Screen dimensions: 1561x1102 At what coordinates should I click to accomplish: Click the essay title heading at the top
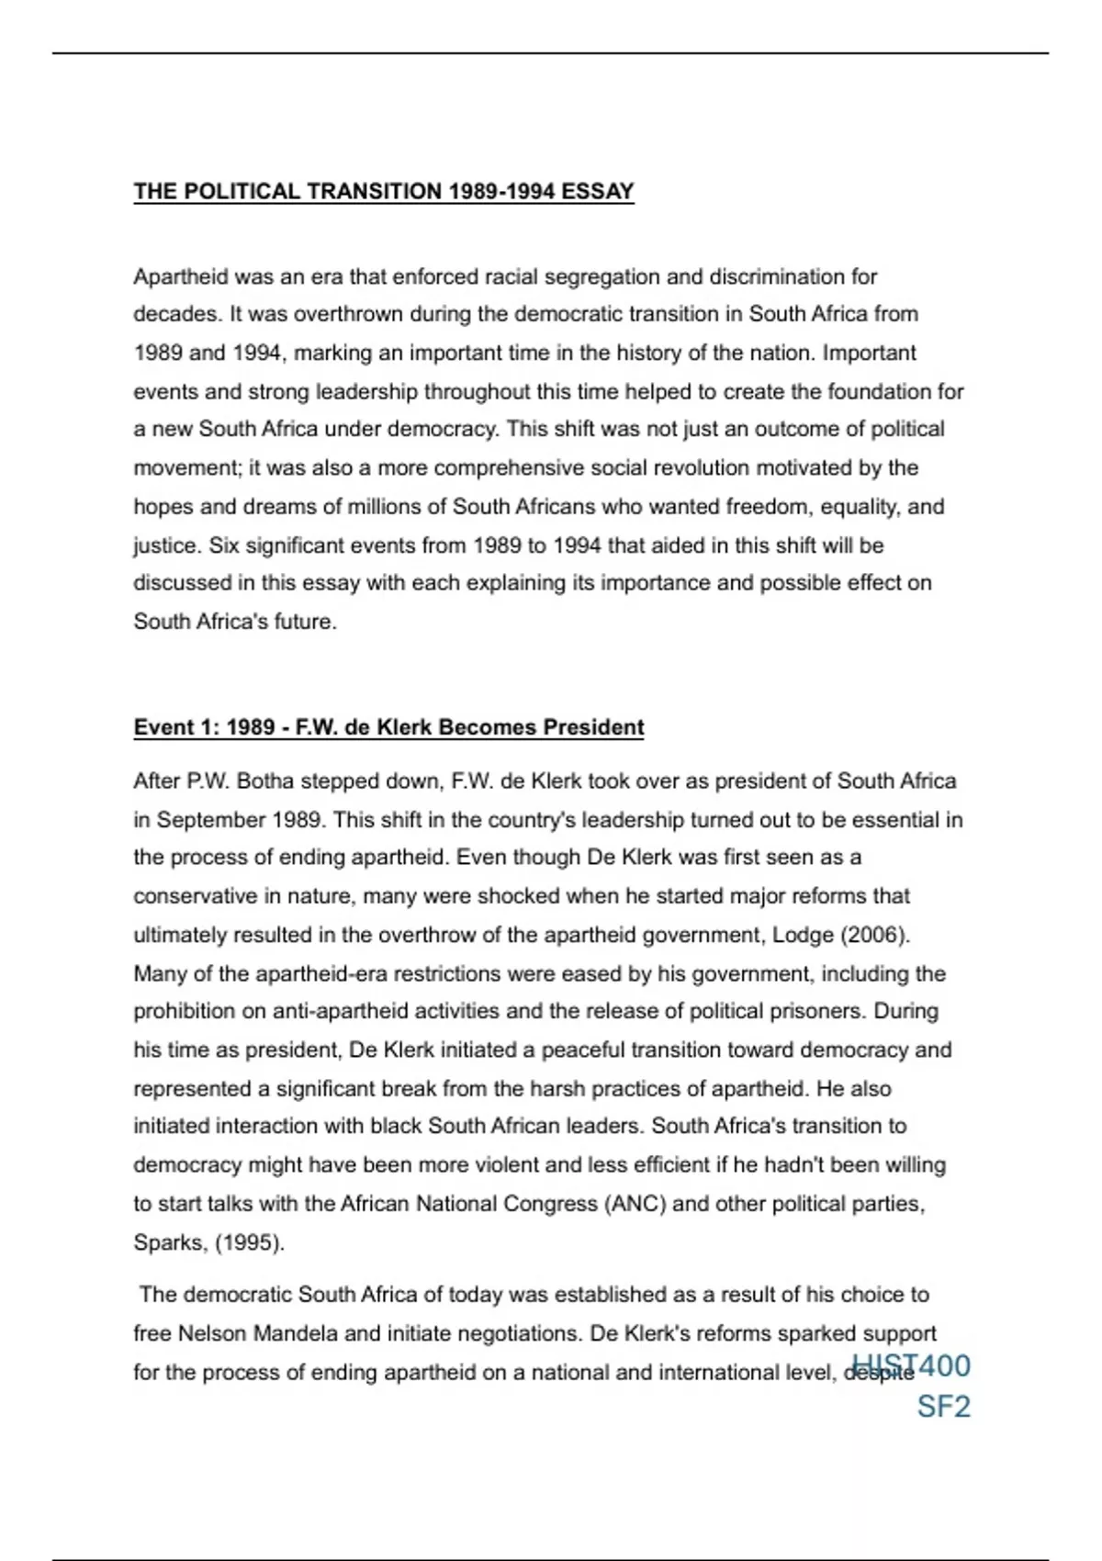[x=384, y=191]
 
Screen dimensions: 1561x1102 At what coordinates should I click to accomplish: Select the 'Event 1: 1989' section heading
[x=388, y=727]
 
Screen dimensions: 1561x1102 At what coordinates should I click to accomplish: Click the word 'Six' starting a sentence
[x=223, y=545]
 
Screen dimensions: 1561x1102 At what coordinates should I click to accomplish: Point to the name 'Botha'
[x=265, y=781]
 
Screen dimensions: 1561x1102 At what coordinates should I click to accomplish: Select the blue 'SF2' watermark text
[x=943, y=1407]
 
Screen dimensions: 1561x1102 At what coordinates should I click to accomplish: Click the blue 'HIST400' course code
[x=911, y=1365]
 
